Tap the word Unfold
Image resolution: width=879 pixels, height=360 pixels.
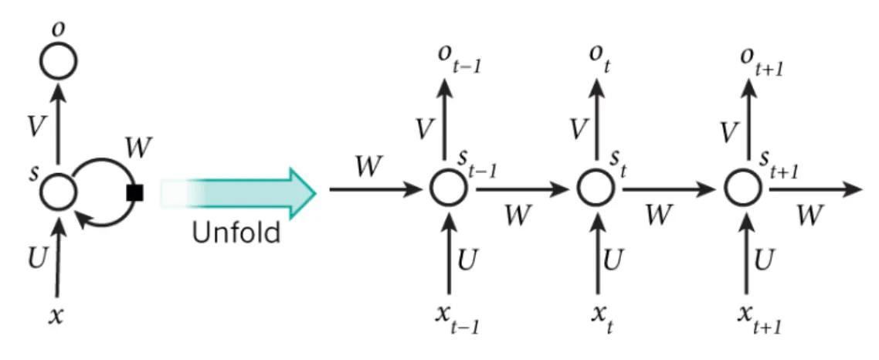click(x=236, y=233)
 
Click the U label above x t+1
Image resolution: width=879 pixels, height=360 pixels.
click(x=764, y=259)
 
